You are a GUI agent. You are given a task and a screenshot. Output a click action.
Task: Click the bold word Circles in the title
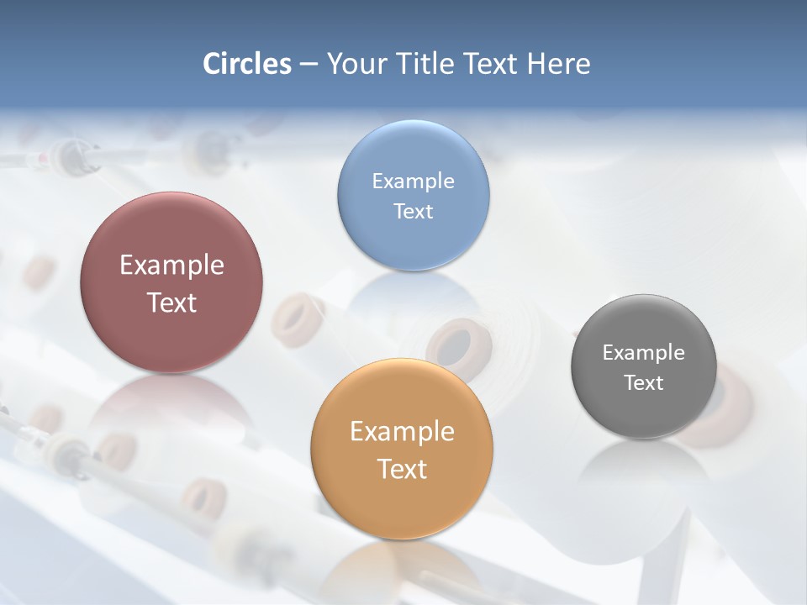click(x=246, y=64)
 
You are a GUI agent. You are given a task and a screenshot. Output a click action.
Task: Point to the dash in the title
click(x=309, y=65)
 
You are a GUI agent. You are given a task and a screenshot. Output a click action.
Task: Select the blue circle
click(x=413, y=244)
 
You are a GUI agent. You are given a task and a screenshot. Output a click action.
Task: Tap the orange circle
click(x=402, y=504)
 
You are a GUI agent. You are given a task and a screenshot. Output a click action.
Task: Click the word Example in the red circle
click(x=171, y=266)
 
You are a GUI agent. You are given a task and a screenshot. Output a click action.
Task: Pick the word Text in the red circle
click(x=171, y=302)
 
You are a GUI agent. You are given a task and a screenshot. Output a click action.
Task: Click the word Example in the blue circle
click(x=413, y=181)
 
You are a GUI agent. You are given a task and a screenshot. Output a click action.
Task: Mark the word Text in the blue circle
click(x=413, y=212)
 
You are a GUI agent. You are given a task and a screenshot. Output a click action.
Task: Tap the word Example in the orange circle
click(x=402, y=432)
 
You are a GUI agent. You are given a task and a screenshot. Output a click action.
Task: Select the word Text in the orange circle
click(x=402, y=469)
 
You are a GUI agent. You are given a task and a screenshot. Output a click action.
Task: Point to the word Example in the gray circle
click(x=644, y=353)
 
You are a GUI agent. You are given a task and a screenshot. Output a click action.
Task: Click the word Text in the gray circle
click(x=644, y=383)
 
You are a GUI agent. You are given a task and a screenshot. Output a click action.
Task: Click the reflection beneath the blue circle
click(x=413, y=294)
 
